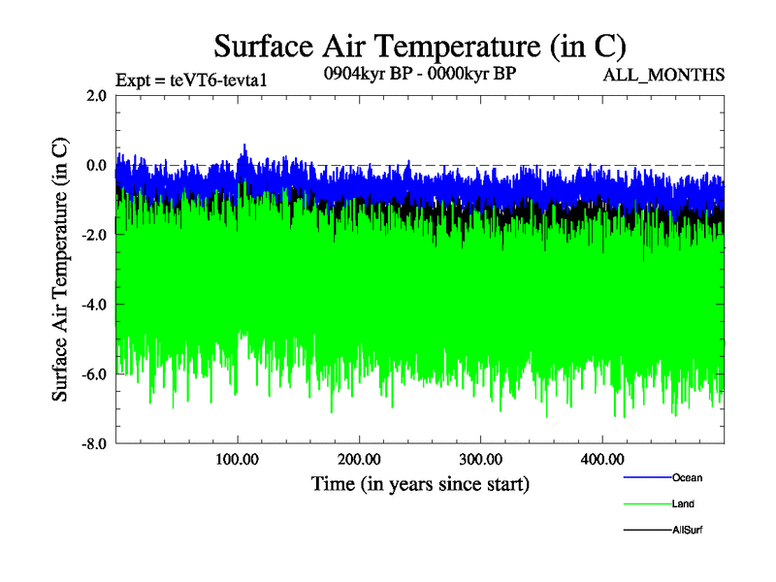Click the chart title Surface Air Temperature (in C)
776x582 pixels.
420,46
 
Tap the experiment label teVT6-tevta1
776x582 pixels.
190,80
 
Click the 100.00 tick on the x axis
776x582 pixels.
238,459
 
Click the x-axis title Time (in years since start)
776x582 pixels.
420,483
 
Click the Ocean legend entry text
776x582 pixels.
687,477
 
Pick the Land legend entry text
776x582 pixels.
683,503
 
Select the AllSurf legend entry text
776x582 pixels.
687,530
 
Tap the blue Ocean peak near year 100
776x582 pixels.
244,146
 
